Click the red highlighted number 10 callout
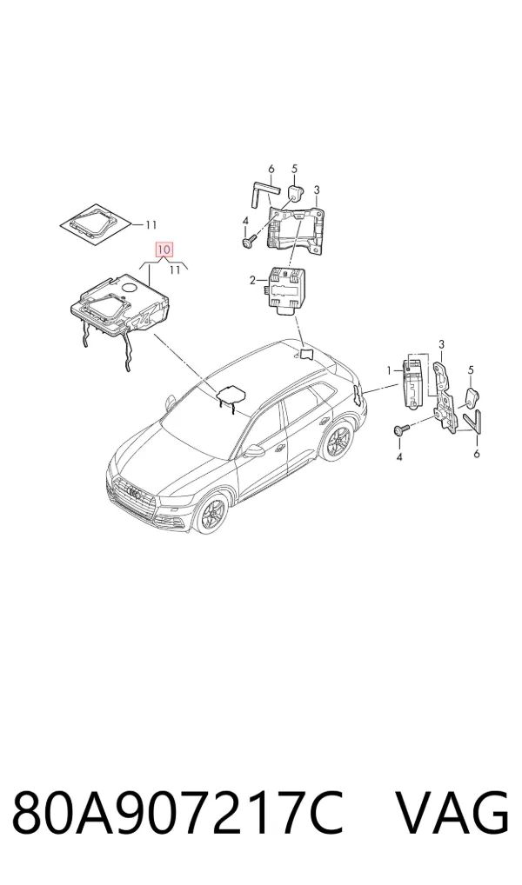(164, 249)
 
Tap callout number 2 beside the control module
(254, 279)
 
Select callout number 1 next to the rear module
(389, 370)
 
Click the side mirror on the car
(254, 450)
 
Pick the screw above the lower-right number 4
(400, 431)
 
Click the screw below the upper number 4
(248, 242)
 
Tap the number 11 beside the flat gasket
(150, 225)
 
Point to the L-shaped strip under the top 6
(260, 193)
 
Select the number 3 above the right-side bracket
(442, 344)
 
